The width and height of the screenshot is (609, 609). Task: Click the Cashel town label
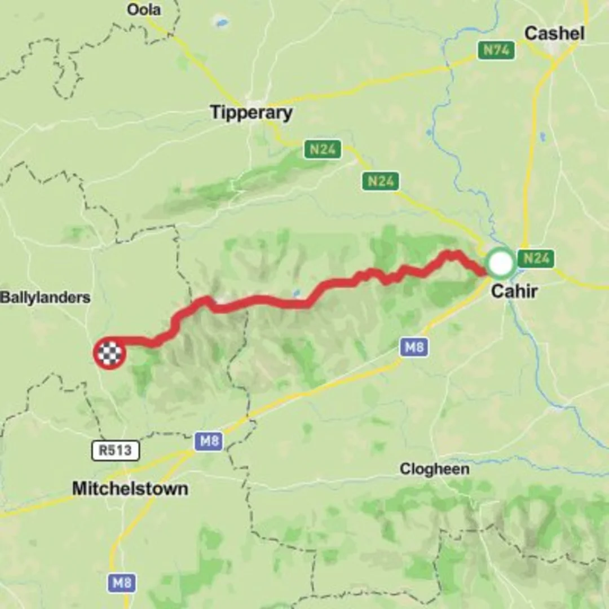[x=554, y=33]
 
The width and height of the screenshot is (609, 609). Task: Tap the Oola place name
[x=143, y=9]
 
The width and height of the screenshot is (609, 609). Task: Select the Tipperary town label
[x=251, y=112]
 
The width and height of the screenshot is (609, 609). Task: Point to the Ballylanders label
[x=45, y=298]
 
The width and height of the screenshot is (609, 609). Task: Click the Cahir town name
[x=514, y=292]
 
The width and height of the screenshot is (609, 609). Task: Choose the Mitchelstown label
[x=130, y=488]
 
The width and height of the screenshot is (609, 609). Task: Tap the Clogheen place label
[x=434, y=469]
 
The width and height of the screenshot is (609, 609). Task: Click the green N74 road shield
[x=496, y=50]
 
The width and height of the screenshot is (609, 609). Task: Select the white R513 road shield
[x=115, y=450]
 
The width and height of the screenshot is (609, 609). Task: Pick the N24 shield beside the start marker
[x=535, y=259]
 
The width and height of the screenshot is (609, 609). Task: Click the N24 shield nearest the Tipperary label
[x=323, y=150]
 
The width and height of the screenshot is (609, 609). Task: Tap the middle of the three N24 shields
[x=381, y=181]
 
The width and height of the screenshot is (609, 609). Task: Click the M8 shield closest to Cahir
[x=414, y=347]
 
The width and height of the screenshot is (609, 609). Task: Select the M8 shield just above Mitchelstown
[x=209, y=441]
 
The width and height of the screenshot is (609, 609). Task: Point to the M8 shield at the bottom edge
[x=122, y=582]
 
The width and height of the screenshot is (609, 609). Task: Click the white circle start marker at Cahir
[x=501, y=263]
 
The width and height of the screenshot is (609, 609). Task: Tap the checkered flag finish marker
[x=109, y=354]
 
